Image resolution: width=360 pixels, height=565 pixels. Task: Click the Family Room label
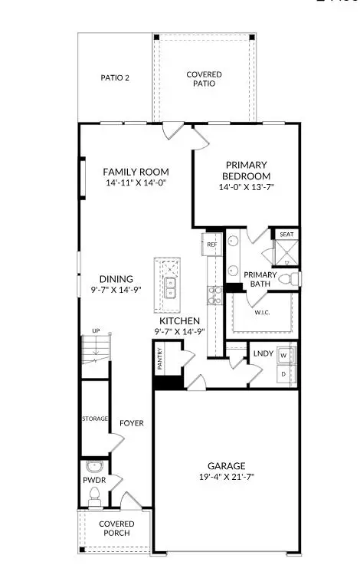coord(136,171)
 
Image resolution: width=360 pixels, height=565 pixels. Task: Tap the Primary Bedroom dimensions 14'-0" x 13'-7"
coord(245,186)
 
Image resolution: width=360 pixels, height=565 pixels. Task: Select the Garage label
coord(227,465)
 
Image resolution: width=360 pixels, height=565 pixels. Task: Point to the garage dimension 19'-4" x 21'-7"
coord(227,477)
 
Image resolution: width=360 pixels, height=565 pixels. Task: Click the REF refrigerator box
coord(211,245)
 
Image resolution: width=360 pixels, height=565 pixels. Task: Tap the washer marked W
coord(284,356)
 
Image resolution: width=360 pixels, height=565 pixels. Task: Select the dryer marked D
coord(284,374)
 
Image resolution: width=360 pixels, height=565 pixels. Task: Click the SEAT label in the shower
coord(286,235)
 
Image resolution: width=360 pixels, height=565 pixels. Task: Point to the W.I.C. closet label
coord(262,312)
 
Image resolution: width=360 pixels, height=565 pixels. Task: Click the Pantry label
coord(160,358)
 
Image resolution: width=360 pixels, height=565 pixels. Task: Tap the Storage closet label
coord(95,419)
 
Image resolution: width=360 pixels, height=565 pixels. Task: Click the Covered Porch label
coord(116,528)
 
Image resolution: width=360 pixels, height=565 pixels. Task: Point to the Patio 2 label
coord(115,77)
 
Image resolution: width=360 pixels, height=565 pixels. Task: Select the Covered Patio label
coord(205,79)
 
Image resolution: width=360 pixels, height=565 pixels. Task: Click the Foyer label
coord(131,422)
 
